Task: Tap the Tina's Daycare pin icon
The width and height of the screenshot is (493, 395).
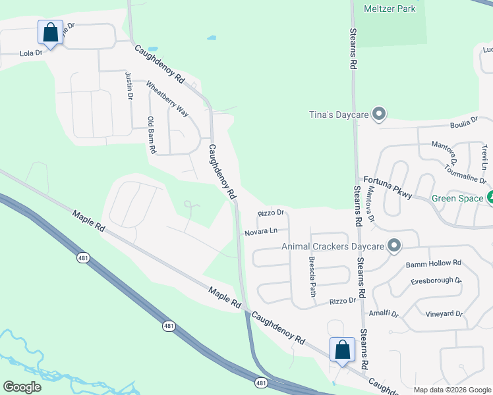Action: coord(378,115)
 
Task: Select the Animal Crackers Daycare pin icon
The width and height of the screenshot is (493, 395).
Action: coord(393,246)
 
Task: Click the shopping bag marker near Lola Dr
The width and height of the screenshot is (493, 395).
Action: coord(51,32)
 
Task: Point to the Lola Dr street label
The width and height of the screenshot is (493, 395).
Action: coord(31,53)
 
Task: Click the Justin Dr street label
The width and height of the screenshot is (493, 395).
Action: coord(129,86)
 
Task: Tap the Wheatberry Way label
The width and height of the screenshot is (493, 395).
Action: coord(167,99)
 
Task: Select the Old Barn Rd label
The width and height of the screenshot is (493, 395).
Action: coord(151,135)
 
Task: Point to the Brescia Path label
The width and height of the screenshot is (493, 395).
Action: coord(312,276)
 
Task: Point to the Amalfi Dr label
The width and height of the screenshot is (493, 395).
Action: coord(384,314)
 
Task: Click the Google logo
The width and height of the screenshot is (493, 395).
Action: coord(22,387)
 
